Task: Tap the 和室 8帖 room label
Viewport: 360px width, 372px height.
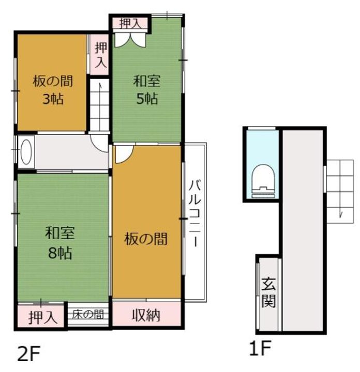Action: click(60, 243)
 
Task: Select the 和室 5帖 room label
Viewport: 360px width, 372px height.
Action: click(147, 89)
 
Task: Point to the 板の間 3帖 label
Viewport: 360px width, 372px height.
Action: click(52, 89)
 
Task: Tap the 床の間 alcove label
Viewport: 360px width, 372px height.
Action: click(87, 314)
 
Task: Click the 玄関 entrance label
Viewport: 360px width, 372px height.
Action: click(268, 291)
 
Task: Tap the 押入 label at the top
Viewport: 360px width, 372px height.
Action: click(129, 23)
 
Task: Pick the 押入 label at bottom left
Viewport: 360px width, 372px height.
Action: click(42, 316)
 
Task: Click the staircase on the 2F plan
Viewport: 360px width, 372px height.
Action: click(99, 106)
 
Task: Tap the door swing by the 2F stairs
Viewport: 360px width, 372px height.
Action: click(98, 142)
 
